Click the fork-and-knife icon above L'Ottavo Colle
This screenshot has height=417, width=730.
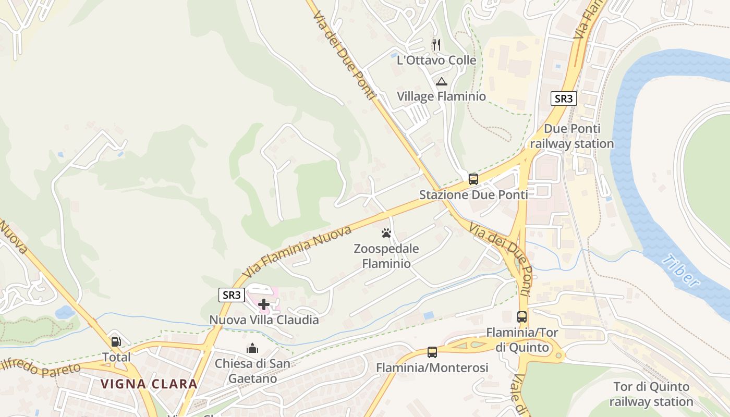pyautogui.click(x=436, y=45)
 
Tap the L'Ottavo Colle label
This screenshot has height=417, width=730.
pyautogui.click(x=436, y=60)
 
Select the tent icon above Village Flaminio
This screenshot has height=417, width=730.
pyautogui.click(x=442, y=81)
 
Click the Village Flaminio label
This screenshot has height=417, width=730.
pyautogui.click(x=441, y=96)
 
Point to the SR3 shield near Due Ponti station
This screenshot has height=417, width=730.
pyautogui.click(x=564, y=99)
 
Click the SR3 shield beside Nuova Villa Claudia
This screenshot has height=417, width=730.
pyautogui.click(x=231, y=295)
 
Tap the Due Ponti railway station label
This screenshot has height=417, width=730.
pyautogui.click(x=572, y=136)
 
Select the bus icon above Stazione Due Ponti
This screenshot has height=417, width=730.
pyautogui.click(x=473, y=179)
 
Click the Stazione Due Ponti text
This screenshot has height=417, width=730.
pyautogui.click(x=473, y=195)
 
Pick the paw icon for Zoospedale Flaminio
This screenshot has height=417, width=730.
pyautogui.click(x=386, y=233)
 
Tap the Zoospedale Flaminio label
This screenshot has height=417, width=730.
pyautogui.click(x=386, y=256)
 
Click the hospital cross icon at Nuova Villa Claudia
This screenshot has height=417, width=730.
pyautogui.click(x=264, y=304)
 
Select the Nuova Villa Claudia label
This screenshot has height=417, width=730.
pyautogui.click(x=264, y=320)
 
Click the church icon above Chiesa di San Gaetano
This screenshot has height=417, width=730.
pyautogui.click(x=252, y=348)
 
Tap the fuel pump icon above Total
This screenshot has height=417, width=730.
pyautogui.click(x=116, y=342)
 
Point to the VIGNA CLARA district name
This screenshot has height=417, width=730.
pyautogui.click(x=149, y=384)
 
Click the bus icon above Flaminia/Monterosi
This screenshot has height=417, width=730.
pyautogui.click(x=432, y=352)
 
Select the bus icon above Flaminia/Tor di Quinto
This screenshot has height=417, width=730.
pyautogui.click(x=521, y=316)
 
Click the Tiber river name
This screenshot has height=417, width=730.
pyautogui.click(x=681, y=271)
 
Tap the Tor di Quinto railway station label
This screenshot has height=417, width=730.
pyautogui.click(x=651, y=395)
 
